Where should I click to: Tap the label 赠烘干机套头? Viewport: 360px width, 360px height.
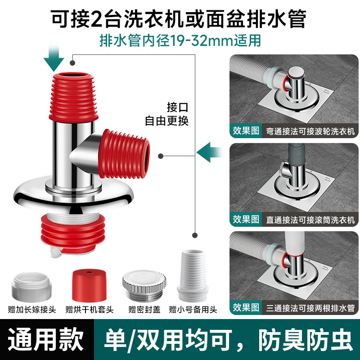(x=89, y=310)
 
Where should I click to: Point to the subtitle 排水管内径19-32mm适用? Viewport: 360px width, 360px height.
(x=180, y=40)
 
